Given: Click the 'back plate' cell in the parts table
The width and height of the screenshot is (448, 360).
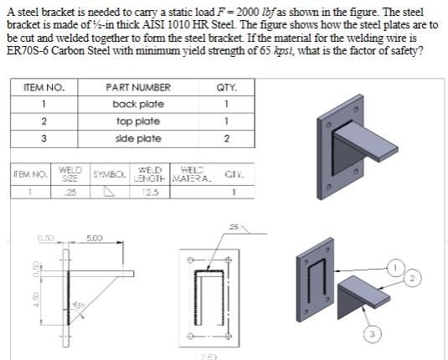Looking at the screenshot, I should click(x=138, y=105).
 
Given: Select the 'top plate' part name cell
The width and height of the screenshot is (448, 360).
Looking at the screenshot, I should click(x=138, y=121).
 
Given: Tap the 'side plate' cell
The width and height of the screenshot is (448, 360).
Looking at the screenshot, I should click(x=138, y=139).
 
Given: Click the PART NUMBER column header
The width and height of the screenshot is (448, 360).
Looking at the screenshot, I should click(x=138, y=87).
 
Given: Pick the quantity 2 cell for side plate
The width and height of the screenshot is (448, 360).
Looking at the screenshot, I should click(x=226, y=139).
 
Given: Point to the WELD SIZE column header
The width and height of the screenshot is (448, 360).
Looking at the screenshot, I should click(x=70, y=174).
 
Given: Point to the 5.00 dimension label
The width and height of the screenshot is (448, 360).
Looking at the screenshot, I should click(x=94, y=239).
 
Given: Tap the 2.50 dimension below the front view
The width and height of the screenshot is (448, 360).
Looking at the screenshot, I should click(x=208, y=356).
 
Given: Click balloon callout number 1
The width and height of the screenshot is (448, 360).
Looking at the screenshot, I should click(x=394, y=267).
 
